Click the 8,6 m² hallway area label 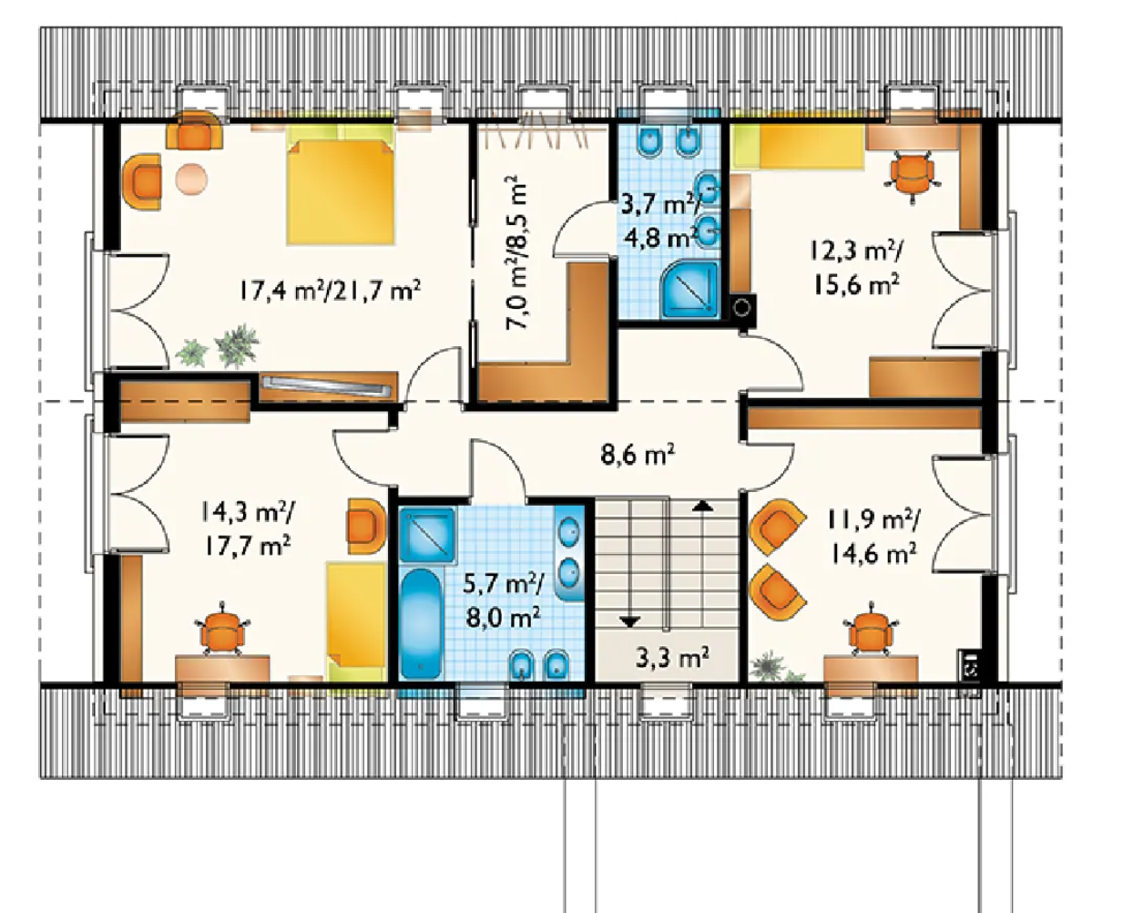coord(638,455)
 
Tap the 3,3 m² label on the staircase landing coord(672,658)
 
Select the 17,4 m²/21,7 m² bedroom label coord(330,291)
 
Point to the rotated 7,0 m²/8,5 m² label coord(516,253)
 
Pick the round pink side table coord(191,180)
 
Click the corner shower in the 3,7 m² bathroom coord(690,289)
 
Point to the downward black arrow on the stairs coord(629,621)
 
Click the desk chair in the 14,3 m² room coord(223,629)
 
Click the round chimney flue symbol coord(742,308)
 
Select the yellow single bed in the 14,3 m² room coord(356,621)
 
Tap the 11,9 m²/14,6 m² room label coord(873,537)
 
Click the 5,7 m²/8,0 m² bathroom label coord(503,600)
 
